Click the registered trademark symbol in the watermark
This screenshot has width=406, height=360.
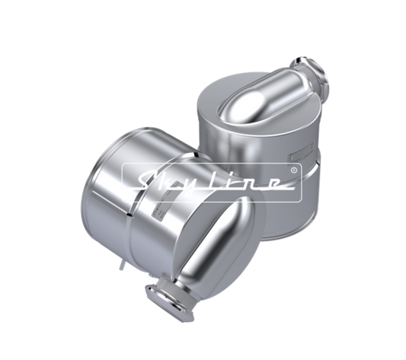pos(293,170)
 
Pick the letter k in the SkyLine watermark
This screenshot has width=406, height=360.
pos(174,182)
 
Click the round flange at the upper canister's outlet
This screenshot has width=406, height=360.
pos(309,73)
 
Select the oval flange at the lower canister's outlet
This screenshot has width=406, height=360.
pos(169,302)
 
